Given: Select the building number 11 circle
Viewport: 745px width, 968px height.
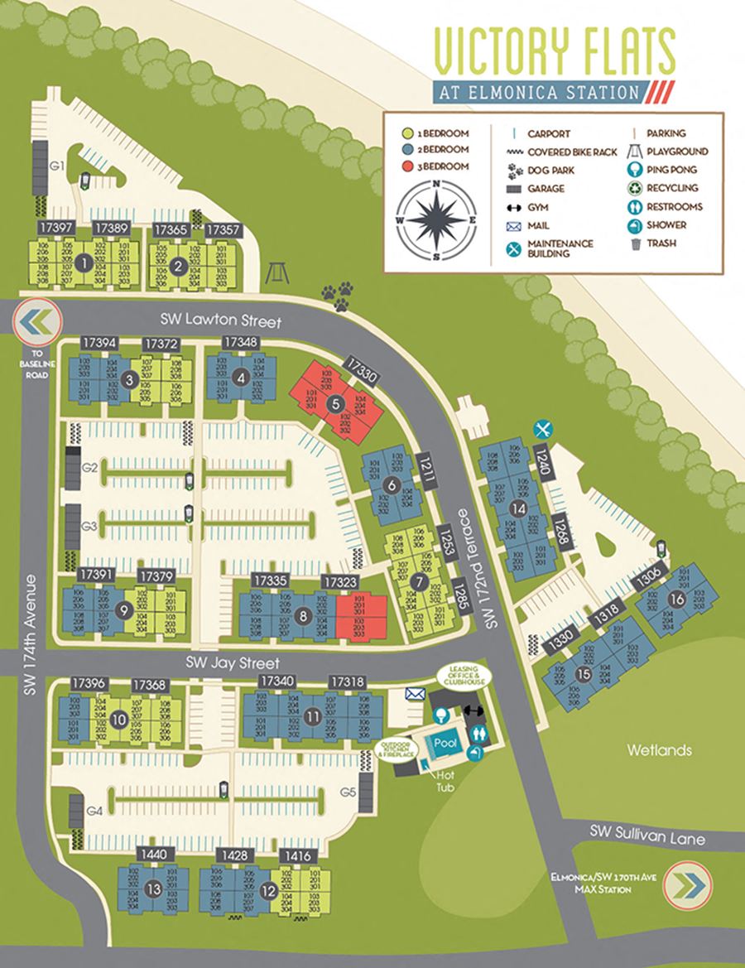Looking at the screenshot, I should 312,715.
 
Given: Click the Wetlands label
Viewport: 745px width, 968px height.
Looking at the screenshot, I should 658,750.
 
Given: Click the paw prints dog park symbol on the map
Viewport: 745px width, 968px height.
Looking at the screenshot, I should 339,295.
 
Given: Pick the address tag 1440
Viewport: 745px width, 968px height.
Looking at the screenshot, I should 155,854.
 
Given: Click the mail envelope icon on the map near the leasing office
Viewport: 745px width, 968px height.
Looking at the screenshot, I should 415,693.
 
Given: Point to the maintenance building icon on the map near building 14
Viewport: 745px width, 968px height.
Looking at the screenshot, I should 543,428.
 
